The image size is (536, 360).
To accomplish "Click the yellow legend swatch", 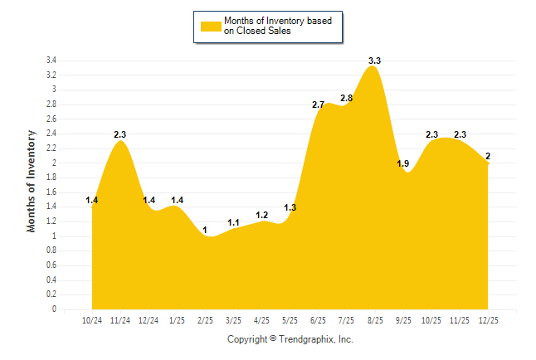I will [x=211, y=26].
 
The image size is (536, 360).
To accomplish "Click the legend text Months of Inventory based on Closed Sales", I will [x=271, y=26].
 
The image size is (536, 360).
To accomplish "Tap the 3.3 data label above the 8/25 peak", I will [x=374, y=61].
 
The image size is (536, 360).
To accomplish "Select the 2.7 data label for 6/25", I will [x=318, y=105].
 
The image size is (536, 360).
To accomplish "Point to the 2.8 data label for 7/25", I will [x=346, y=99].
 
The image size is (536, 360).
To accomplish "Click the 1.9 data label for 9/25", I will [x=402, y=164].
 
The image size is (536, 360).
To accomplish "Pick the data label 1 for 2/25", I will [x=205, y=230].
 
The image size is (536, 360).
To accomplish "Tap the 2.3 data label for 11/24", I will [x=120, y=134].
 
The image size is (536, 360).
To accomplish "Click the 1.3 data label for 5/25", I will [x=290, y=208].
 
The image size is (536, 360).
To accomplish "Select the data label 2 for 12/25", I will [x=487, y=156].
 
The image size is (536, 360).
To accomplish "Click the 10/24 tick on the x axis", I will [x=92, y=320].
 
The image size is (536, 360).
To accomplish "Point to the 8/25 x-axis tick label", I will [x=374, y=320].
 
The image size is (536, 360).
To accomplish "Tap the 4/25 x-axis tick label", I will [x=261, y=320].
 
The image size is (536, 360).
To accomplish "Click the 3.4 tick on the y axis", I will [x=51, y=61].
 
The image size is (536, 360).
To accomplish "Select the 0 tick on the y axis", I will [x=54, y=309].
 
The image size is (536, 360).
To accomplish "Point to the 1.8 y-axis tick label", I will [x=51, y=178].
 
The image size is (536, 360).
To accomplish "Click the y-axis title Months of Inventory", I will [x=32, y=180].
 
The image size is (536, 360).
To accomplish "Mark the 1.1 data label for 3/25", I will [x=233, y=222].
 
